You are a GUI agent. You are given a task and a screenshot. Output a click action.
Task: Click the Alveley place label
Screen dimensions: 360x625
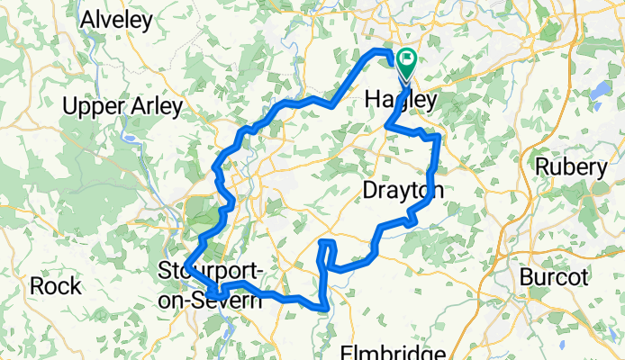118,19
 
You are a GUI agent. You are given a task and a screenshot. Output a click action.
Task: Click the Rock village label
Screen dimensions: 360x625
57,286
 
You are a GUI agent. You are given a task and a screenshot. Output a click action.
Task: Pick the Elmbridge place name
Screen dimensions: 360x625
393,352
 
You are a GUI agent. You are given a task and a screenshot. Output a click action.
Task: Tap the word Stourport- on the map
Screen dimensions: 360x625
210,270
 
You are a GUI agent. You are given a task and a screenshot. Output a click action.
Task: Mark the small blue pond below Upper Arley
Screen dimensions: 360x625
131,140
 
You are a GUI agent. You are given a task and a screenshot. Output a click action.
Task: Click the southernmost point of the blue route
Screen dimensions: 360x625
323,309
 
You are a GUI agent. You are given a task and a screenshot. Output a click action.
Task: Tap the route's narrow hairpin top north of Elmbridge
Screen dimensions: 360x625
328,244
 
